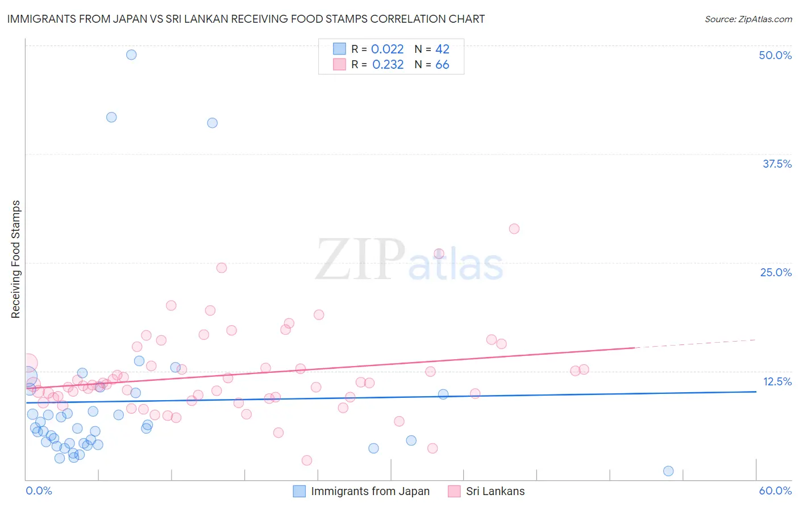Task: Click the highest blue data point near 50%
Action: [131, 55]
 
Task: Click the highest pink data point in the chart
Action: [514, 228]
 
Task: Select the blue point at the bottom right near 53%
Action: [668, 471]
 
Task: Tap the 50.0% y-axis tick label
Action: [775, 55]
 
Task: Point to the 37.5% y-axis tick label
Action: [777, 164]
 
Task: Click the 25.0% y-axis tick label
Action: [776, 272]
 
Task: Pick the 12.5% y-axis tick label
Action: [777, 381]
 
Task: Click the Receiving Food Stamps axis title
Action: [15, 259]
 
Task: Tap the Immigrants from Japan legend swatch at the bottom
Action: [299, 491]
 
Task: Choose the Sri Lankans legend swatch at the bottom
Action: [454, 491]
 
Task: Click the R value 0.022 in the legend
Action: [387, 49]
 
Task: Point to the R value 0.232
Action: [388, 65]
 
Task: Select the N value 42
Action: [442, 49]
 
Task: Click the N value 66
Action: [442, 65]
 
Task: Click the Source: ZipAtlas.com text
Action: [748, 19]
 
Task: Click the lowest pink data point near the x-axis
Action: [307, 460]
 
